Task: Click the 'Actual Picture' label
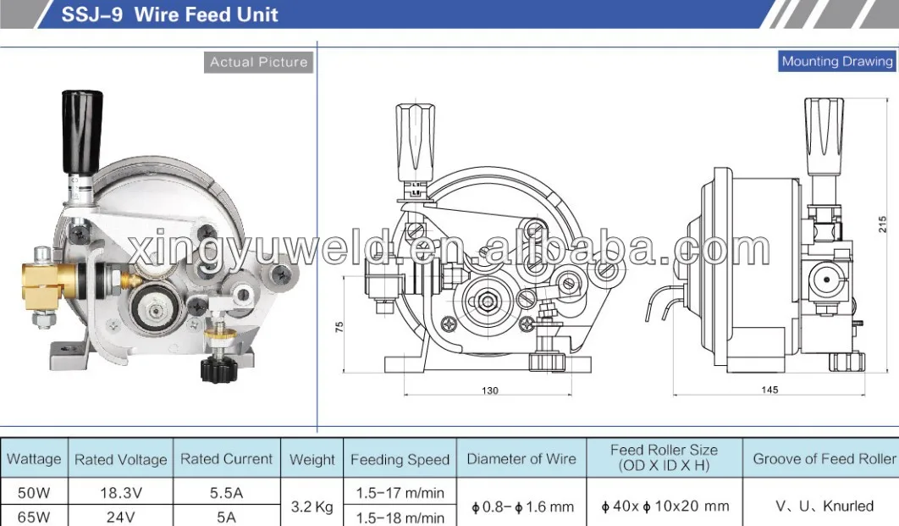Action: click(x=258, y=62)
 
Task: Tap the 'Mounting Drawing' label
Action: click(x=836, y=61)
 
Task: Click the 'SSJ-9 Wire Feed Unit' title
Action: click(x=169, y=15)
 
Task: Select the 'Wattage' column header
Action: click(x=34, y=459)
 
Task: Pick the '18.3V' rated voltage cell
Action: click(x=120, y=492)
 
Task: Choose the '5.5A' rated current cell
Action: click(x=226, y=492)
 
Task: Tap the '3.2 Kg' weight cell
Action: click(x=312, y=507)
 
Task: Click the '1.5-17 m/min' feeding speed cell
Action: click(x=400, y=492)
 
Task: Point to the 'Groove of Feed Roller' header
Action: click(x=824, y=459)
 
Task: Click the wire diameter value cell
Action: click(x=522, y=507)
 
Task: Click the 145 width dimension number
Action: click(x=769, y=390)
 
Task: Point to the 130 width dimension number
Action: click(x=490, y=390)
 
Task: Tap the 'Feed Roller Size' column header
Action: click(x=664, y=457)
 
